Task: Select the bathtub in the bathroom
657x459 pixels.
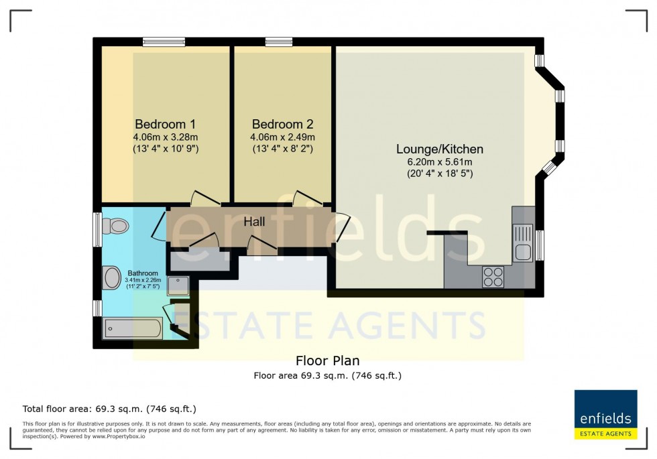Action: [132, 328]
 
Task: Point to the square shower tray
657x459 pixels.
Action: [179, 287]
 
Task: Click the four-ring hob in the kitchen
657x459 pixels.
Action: [493, 277]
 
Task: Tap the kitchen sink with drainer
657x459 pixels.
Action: [522, 243]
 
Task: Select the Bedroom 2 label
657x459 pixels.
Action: [282, 124]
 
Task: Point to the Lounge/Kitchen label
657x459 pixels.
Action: [439, 149]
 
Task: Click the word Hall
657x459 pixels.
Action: [253, 222]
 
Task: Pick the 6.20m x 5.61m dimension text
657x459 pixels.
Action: [439, 161]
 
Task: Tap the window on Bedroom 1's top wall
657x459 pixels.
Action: [164, 42]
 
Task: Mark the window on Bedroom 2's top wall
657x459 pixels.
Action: [278, 42]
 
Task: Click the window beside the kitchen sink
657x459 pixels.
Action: [540, 245]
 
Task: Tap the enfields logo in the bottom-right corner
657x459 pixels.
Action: [605, 414]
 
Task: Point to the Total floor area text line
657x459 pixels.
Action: [109, 408]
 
